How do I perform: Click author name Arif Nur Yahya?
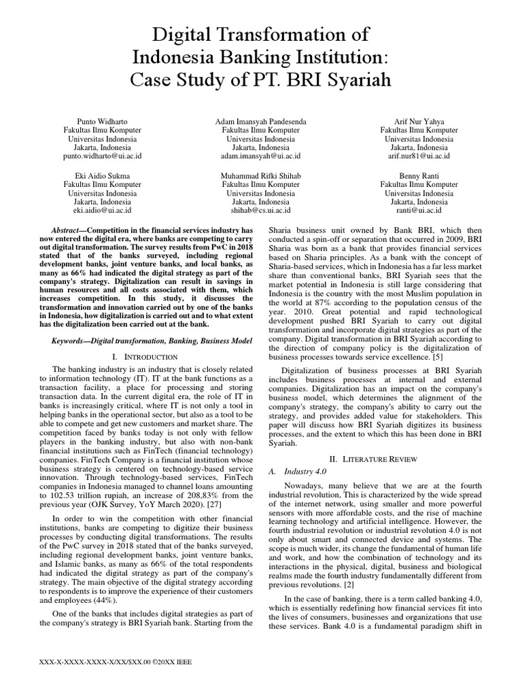click(419, 121)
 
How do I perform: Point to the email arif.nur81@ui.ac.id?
click(419, 156)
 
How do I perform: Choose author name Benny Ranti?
click(419, 176)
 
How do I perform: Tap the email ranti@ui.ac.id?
click(419, 211)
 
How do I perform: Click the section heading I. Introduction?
click(147, 356)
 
